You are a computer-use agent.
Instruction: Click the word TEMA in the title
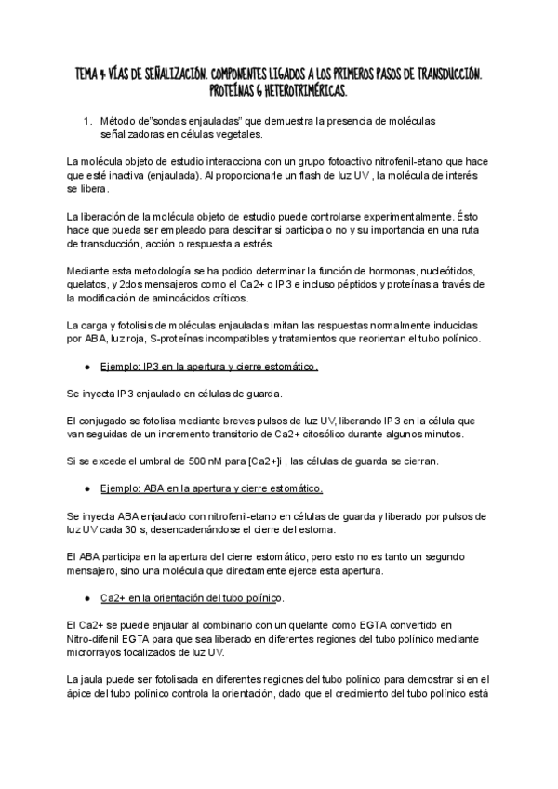click(89, 73)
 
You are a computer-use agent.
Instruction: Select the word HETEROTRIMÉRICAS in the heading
click(295, 91)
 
